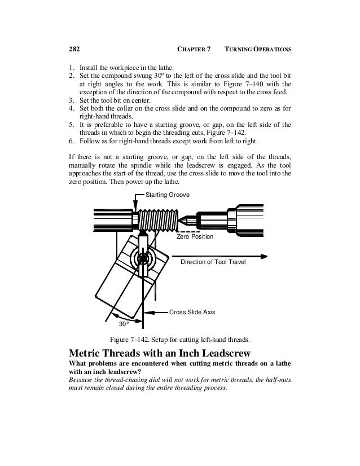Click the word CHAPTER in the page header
pyautogui.click(x=194, y=50)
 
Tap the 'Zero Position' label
pyautogui.click(x=195, y=237)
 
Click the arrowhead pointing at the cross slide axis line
pyautogui.click(x=148, y=311)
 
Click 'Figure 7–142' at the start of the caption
pyautogui.click(x=131, y=340)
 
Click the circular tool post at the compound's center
pyautogui.click(x=143, y=260)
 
